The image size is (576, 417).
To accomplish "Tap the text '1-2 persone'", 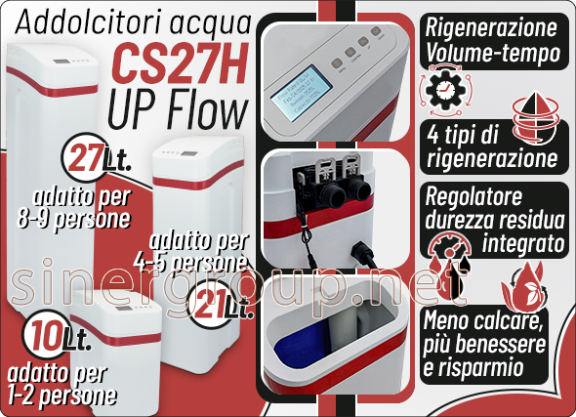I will click(x=61, y=396).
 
